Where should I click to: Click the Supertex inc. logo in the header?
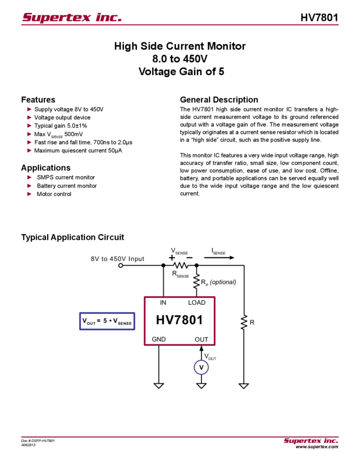click(72, 18)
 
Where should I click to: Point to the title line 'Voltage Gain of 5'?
click(181, 71)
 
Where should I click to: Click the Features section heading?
click(41, 100)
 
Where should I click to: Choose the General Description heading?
click(218, 100)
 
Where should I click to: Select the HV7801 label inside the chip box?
click(180, 320)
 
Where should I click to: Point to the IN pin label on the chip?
click(164, 303)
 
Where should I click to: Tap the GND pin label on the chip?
click(159, 339)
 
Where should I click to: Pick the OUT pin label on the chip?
click(201, 339)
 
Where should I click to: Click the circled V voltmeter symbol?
click(201, 367)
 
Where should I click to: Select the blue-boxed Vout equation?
click(107, 322)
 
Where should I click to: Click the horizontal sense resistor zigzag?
click(180, 264)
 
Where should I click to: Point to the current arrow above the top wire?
click(224, 257)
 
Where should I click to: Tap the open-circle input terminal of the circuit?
click(121, 264)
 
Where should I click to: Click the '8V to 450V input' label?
click(117, 258)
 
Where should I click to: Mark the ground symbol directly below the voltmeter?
click(201, 386)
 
